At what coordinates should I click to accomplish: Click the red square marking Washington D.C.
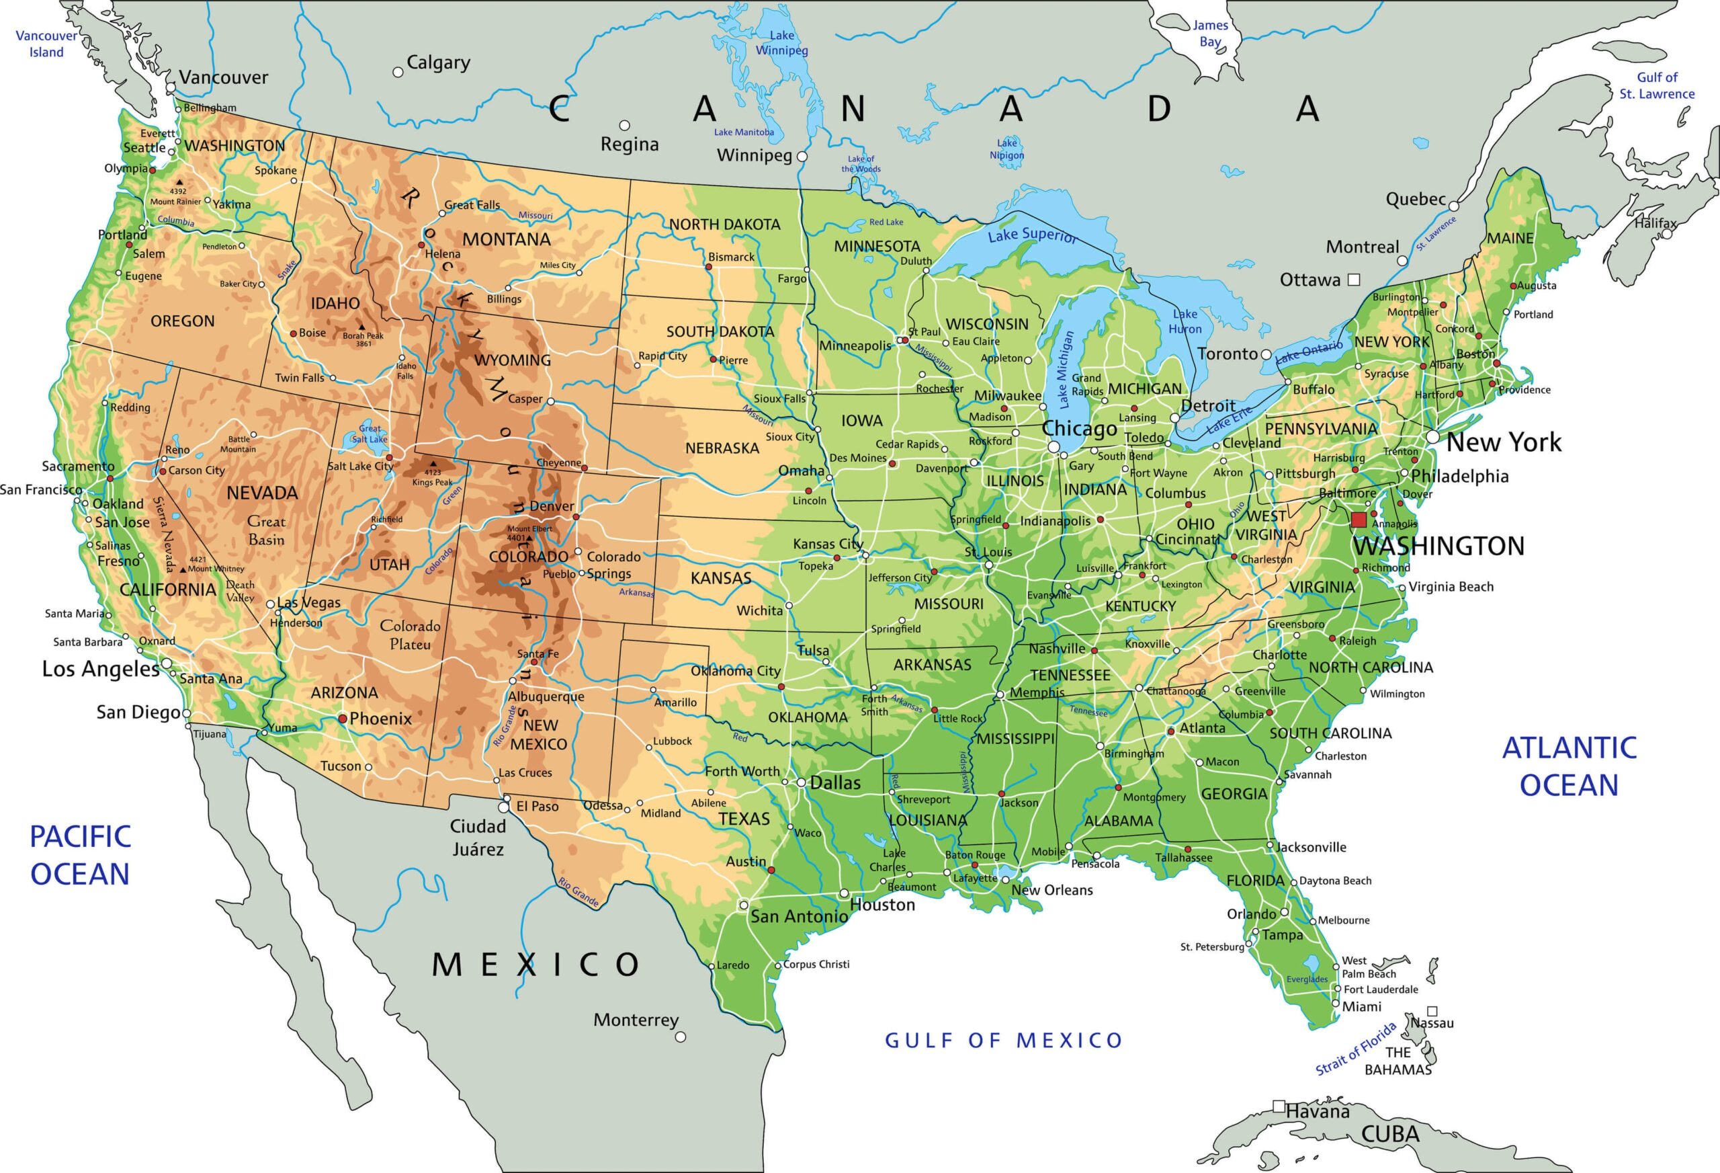1358,519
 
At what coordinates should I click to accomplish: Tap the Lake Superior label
1032,235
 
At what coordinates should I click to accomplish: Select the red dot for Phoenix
343,719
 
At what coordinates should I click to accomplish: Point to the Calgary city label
438,63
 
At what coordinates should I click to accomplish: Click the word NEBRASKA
722,448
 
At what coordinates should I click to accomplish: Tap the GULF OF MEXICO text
1004,1041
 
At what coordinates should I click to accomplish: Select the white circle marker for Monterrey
680,1037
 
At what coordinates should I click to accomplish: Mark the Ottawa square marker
1354,279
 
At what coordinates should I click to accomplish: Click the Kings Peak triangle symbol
433,464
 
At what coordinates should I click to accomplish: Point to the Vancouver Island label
46,44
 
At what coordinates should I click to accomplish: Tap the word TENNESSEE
1070,676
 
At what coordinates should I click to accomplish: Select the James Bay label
1210,34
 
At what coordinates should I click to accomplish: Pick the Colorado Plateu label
410,635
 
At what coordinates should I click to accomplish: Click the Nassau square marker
1432,1011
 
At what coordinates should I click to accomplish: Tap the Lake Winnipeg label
781,43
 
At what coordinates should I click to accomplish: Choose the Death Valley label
241,591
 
